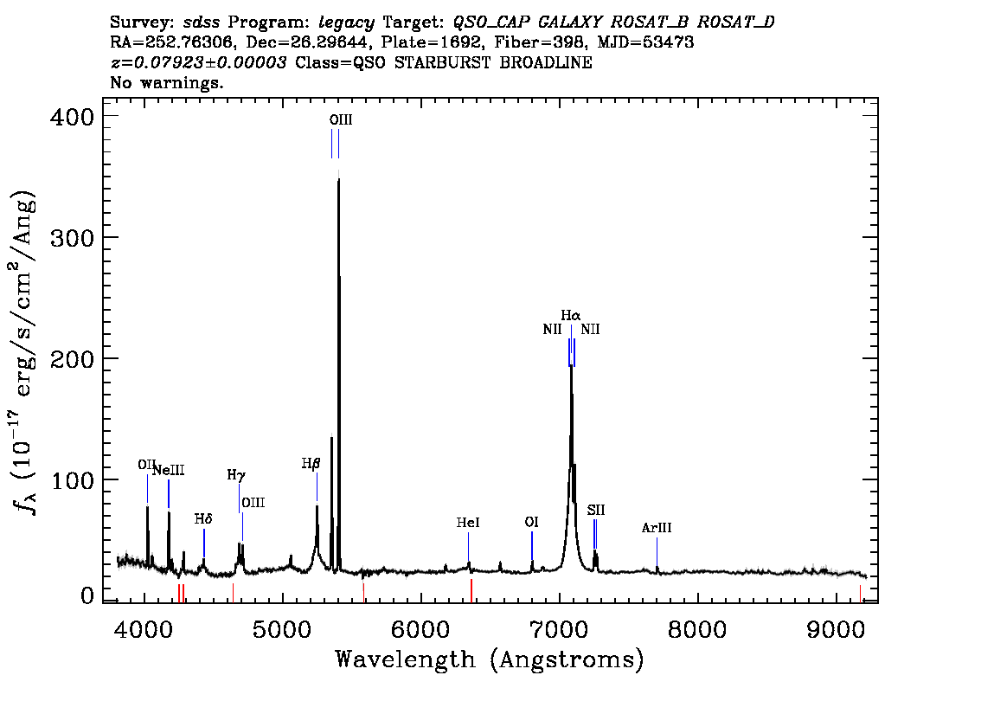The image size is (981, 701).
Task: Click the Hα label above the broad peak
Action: [571, 315]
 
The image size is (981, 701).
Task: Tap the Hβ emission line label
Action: [311, 464]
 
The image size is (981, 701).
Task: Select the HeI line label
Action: [468, 523]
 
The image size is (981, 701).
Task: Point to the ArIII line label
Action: [657, 528]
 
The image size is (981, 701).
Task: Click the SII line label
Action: [595, 510]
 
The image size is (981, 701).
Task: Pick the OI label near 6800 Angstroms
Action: [532, 522]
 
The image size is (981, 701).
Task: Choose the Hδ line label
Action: [203, 519]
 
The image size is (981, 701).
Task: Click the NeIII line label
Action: [169, 470]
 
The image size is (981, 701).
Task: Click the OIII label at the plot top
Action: [341, 119]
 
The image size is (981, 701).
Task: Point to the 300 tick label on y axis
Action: [72, 238]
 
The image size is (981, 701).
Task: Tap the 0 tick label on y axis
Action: [87, 595]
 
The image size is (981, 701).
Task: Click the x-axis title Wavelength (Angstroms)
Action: [490, 659]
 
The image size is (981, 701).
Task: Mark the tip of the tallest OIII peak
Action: [338, 178]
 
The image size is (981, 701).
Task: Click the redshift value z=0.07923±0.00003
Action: [198, 62]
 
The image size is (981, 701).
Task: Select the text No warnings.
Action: [166, 82]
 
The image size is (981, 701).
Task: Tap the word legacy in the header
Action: [347, 23]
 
